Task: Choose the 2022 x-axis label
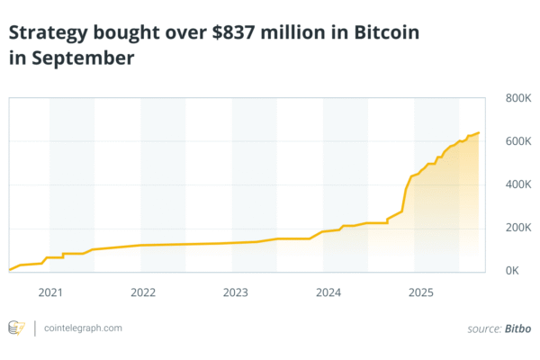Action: tap(143, 292)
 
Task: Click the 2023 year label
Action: tap(236, 292)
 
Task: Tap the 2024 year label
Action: tap(328, 292)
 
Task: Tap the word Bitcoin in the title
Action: tap(386, 33)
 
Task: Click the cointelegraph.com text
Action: tap(83, 328)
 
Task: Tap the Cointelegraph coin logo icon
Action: tap(16, 328)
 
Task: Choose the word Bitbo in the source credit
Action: tap(517, 328)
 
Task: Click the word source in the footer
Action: tap(484, 328)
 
